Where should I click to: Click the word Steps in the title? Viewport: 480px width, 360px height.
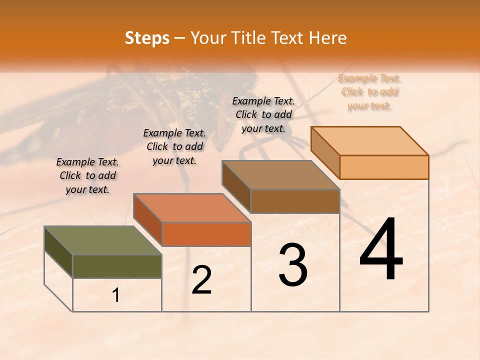(x=147, y=38)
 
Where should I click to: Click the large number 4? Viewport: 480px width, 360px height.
(x=381, y=249)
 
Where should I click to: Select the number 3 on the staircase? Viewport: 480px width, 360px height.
(x=293, y=265)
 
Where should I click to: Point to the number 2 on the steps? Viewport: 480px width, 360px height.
(x=202, y=280)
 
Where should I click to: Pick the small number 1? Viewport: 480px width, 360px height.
(x=116, y=295)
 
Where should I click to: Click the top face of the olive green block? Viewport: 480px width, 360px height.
(x=102, y=240)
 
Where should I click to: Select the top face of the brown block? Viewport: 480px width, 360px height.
(x=280, y=175)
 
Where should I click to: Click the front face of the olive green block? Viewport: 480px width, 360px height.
(x=117, y=266)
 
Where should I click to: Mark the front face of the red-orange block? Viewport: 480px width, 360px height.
(x=206, y=234)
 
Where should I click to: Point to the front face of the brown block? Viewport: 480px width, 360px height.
(x=295, y=201)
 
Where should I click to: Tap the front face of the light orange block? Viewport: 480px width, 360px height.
(x=384, y=167)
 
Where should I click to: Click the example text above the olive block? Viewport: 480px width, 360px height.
(x=87, y=176)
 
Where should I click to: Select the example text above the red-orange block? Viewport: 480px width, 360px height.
(x=174, y=146)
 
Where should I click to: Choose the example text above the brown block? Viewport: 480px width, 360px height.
(x=263, y=114)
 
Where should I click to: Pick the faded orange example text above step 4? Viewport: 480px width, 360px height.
(x=369, y=92)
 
